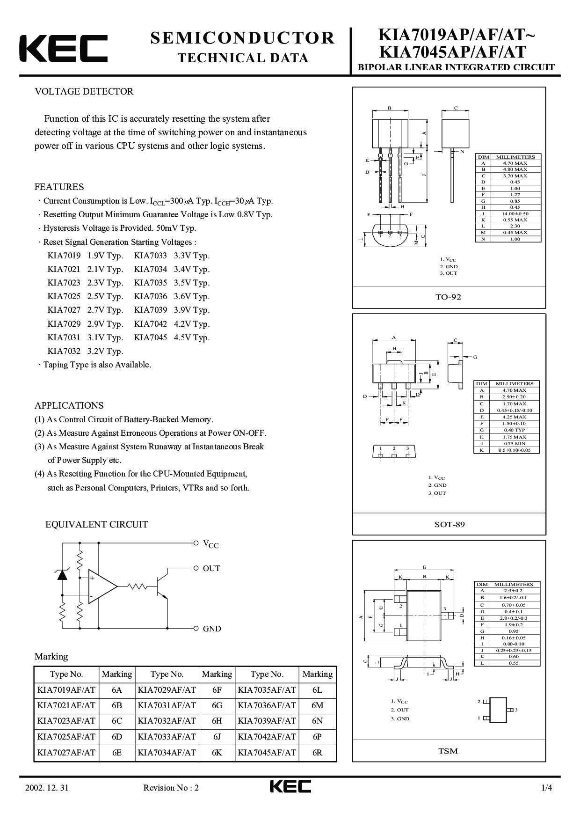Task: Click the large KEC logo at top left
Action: click(x=63, y=48)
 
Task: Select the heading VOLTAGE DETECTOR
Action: click(x=84, y=91)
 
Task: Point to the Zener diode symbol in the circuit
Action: click(x=62, y=575)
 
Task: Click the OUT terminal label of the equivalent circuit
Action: click(x=211, y=568)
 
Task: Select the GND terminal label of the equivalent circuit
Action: click(x=212, y=629)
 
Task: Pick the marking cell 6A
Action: click(x=117, y=690)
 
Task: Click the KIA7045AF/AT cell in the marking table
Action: click(x=267, y=752)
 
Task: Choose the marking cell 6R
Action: click(x=317, y=752)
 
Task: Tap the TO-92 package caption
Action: click(x=449, y=297)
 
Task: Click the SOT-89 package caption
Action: click(x=449, y=524)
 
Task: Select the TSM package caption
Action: click(x=448, y=751)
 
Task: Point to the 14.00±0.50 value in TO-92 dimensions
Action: click(x=515, y=213)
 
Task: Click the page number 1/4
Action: click(x=547, y=788)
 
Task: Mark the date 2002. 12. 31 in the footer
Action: click(x=46, y=788)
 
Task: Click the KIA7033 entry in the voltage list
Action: click(x=150, y=256)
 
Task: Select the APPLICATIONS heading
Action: click(x=69, y=405)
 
